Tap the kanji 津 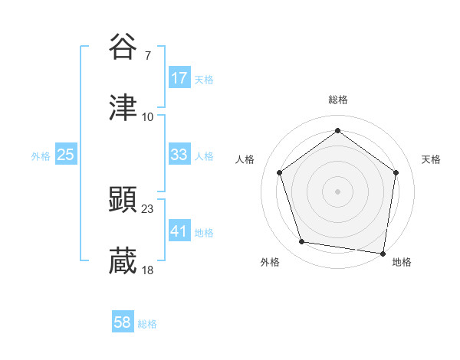[123, 108]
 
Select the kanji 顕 [123, 200]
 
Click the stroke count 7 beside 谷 [148, 55]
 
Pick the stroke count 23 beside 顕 [148, 208]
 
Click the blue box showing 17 [179, 78]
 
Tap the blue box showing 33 [179, 155]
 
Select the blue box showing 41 [179, 231]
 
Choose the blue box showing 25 [66, 155]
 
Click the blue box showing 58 [123, 323]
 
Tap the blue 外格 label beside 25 [41, 155]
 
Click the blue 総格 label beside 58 [147, 324]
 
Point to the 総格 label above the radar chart [338, 100]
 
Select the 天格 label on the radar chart [431, 159]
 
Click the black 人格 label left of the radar [245, 159]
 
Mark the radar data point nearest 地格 [383, 253]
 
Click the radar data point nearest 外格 [302, 242]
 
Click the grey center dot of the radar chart [338, 191]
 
